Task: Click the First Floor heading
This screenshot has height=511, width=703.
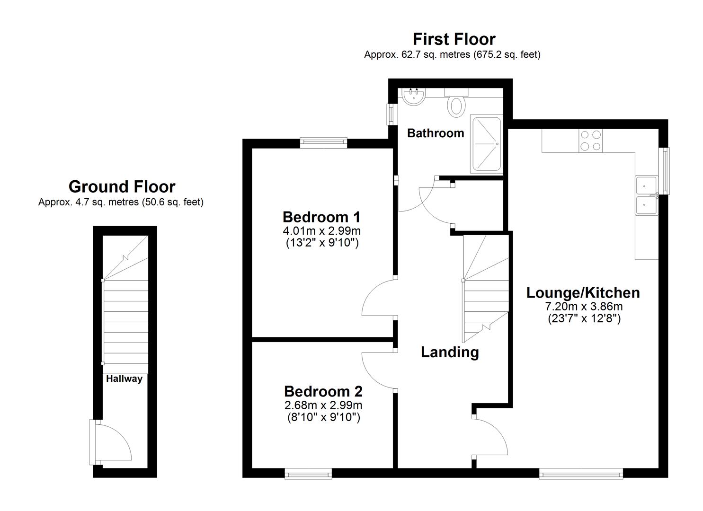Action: pos(454,39)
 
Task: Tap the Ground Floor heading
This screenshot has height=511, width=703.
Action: pos(122,187)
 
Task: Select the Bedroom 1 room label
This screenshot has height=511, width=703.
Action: pos(321,217)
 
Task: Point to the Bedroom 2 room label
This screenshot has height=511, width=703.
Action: pos(323,392)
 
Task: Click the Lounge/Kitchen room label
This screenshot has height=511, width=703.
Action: pos(583,293)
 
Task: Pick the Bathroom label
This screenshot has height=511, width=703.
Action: pos(436,133)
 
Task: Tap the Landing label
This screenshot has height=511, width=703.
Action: pos(450,352)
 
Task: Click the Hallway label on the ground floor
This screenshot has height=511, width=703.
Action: pos(124,379)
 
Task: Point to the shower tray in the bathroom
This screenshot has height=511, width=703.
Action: pos(485,144)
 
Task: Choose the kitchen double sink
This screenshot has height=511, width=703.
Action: pos(646,196)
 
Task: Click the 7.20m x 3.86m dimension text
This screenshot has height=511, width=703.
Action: pos(584,307)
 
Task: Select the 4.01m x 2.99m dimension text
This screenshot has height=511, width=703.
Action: pos(322,231)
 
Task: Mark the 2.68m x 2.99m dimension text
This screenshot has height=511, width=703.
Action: pos(323,405)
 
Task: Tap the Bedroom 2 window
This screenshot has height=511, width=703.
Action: pos(308,473)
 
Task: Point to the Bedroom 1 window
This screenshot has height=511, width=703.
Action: pos(323,142)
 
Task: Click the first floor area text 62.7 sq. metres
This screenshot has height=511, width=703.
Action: pos(417,55)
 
